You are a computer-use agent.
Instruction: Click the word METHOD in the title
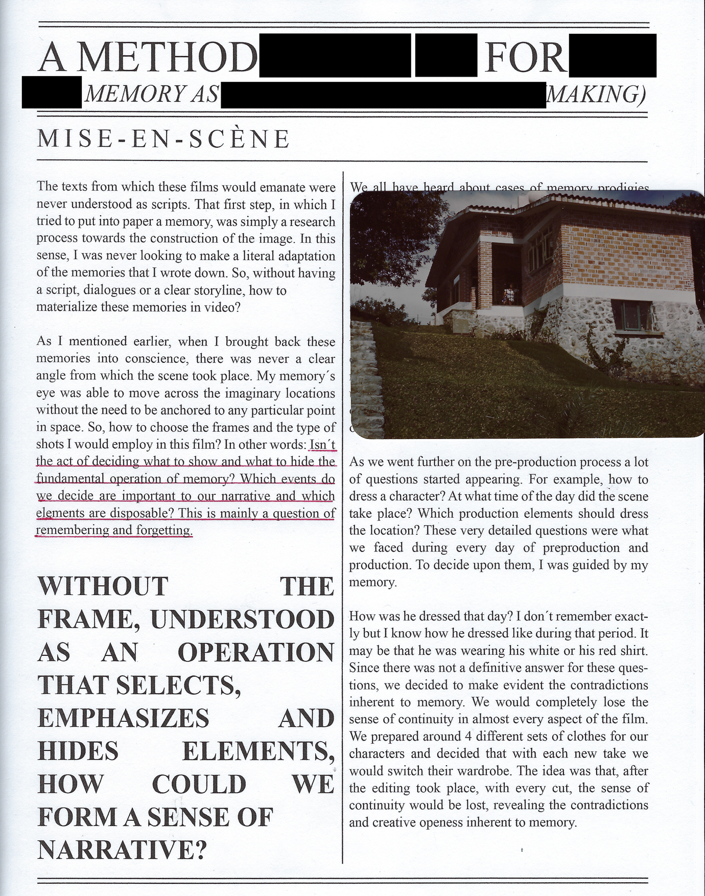coord(167,57)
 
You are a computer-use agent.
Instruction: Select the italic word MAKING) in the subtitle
coord(596,94)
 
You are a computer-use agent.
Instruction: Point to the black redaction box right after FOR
coord(612,55)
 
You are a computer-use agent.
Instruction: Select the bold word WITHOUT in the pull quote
coord(103,586)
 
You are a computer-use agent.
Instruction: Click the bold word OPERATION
coord(255,653)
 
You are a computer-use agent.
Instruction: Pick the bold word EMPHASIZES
coord(124,719)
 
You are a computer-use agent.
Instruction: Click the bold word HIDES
coord(78,752)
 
